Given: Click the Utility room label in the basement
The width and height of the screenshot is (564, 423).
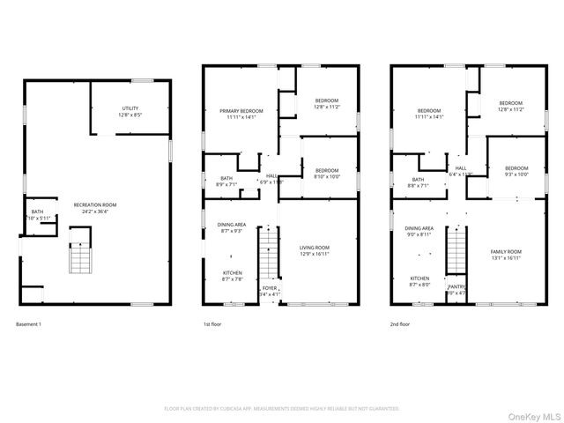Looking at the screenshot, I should [130, 112].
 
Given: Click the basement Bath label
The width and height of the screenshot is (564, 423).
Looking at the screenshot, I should [38, 214].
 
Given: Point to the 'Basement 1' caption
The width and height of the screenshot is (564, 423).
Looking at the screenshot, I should [29, 323].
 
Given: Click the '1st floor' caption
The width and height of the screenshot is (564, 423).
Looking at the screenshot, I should [212, 323].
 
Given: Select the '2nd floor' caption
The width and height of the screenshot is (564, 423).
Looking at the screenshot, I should [401, 323].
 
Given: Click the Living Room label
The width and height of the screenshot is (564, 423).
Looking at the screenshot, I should [315, 250].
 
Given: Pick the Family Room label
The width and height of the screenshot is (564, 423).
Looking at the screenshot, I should [507, 255].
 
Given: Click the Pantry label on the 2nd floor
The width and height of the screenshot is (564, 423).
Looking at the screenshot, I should [456, 289].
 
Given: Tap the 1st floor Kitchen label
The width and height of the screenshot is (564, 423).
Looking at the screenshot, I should [233, 276].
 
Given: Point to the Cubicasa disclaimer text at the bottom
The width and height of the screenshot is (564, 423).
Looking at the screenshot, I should [282, 409].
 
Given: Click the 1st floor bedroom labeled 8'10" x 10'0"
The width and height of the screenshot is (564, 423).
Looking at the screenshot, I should [327, 173].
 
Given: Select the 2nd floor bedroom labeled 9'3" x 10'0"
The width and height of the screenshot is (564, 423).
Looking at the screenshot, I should [516, 171].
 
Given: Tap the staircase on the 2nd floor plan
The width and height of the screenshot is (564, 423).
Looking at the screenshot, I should [456, 252].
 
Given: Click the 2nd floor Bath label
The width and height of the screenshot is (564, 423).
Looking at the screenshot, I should [404, 182].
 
